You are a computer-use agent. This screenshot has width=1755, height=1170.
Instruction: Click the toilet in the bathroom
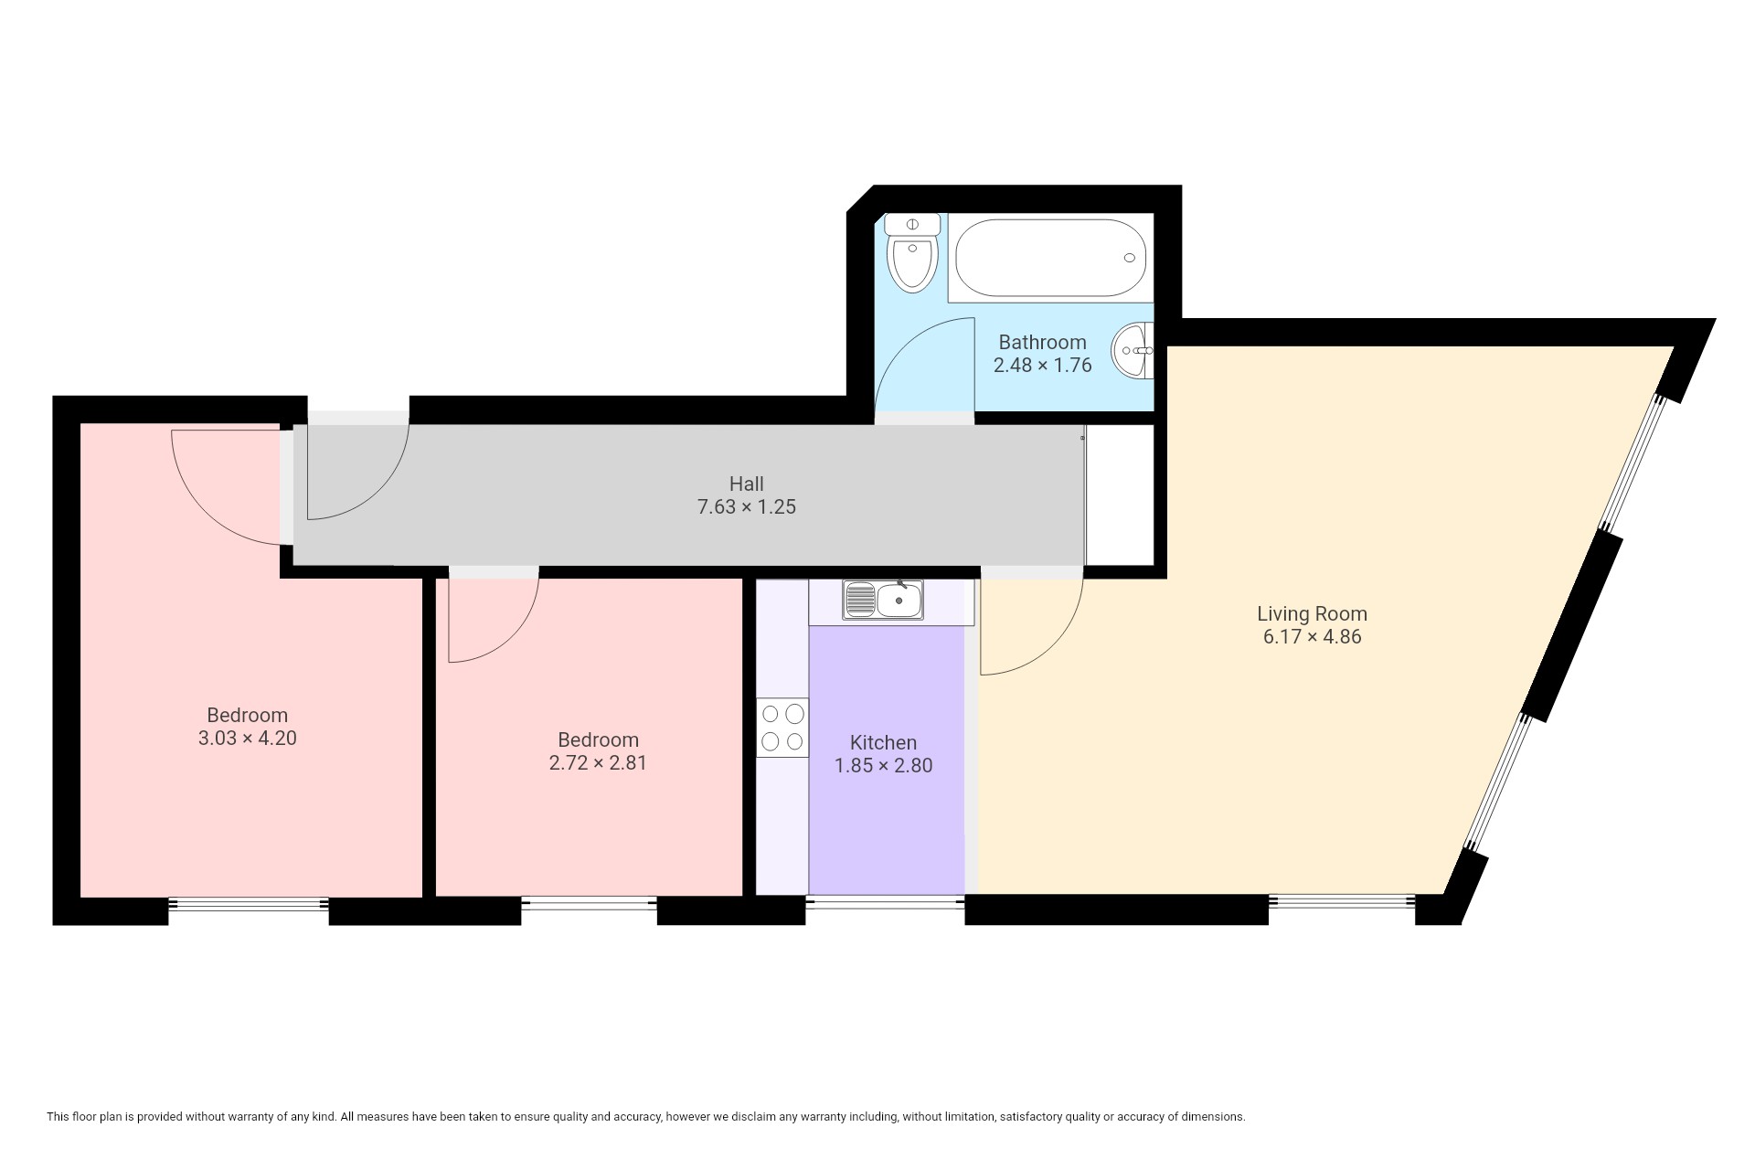point(913,253)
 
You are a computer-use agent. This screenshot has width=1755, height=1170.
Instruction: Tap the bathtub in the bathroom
point(1051,258)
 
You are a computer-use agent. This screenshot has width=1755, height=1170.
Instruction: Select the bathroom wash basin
point(1133,350)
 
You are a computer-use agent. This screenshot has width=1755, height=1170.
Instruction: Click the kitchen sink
point(884,600)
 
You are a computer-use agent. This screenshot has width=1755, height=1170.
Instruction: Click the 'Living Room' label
point(1312,613)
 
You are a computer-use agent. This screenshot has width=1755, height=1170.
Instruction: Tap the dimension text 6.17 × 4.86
point(1312,637)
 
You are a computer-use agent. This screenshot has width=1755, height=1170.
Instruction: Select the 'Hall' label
point(746,484)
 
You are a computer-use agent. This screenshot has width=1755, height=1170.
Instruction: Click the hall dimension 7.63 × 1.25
point(747,506)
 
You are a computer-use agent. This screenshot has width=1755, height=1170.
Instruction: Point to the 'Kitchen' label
point(883,742)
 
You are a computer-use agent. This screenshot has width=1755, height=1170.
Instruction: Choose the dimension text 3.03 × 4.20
point(247,738)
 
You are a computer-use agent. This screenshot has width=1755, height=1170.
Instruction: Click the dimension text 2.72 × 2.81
point(598,762)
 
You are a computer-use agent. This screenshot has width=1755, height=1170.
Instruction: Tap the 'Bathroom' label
point(1042,342)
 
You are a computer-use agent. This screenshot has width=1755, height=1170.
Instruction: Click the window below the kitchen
point(885,904)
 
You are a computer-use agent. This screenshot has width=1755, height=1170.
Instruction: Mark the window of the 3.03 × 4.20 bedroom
point(249,904)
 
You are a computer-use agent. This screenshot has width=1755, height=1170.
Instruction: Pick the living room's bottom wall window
point(1342,901)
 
